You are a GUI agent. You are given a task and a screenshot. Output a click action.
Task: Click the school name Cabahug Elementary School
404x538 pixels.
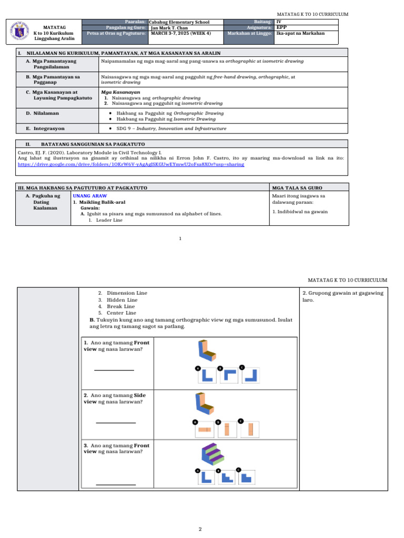pyautogui.click(x=179, y=22)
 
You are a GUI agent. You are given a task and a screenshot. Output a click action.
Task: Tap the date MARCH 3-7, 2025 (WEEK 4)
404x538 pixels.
pyautogui.click(x=180, y=33)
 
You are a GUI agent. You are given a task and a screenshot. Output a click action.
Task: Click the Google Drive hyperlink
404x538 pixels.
pyautogui.click(x=131, y=164)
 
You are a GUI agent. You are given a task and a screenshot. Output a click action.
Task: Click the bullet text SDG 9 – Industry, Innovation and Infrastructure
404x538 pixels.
pyautogui.click(x=171, y=128)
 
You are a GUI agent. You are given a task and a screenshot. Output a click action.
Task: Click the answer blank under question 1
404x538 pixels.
pyautogui.click(x=114, y=370)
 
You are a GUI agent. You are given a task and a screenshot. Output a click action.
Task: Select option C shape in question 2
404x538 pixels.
pyautogui.click(x=250, y=429)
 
